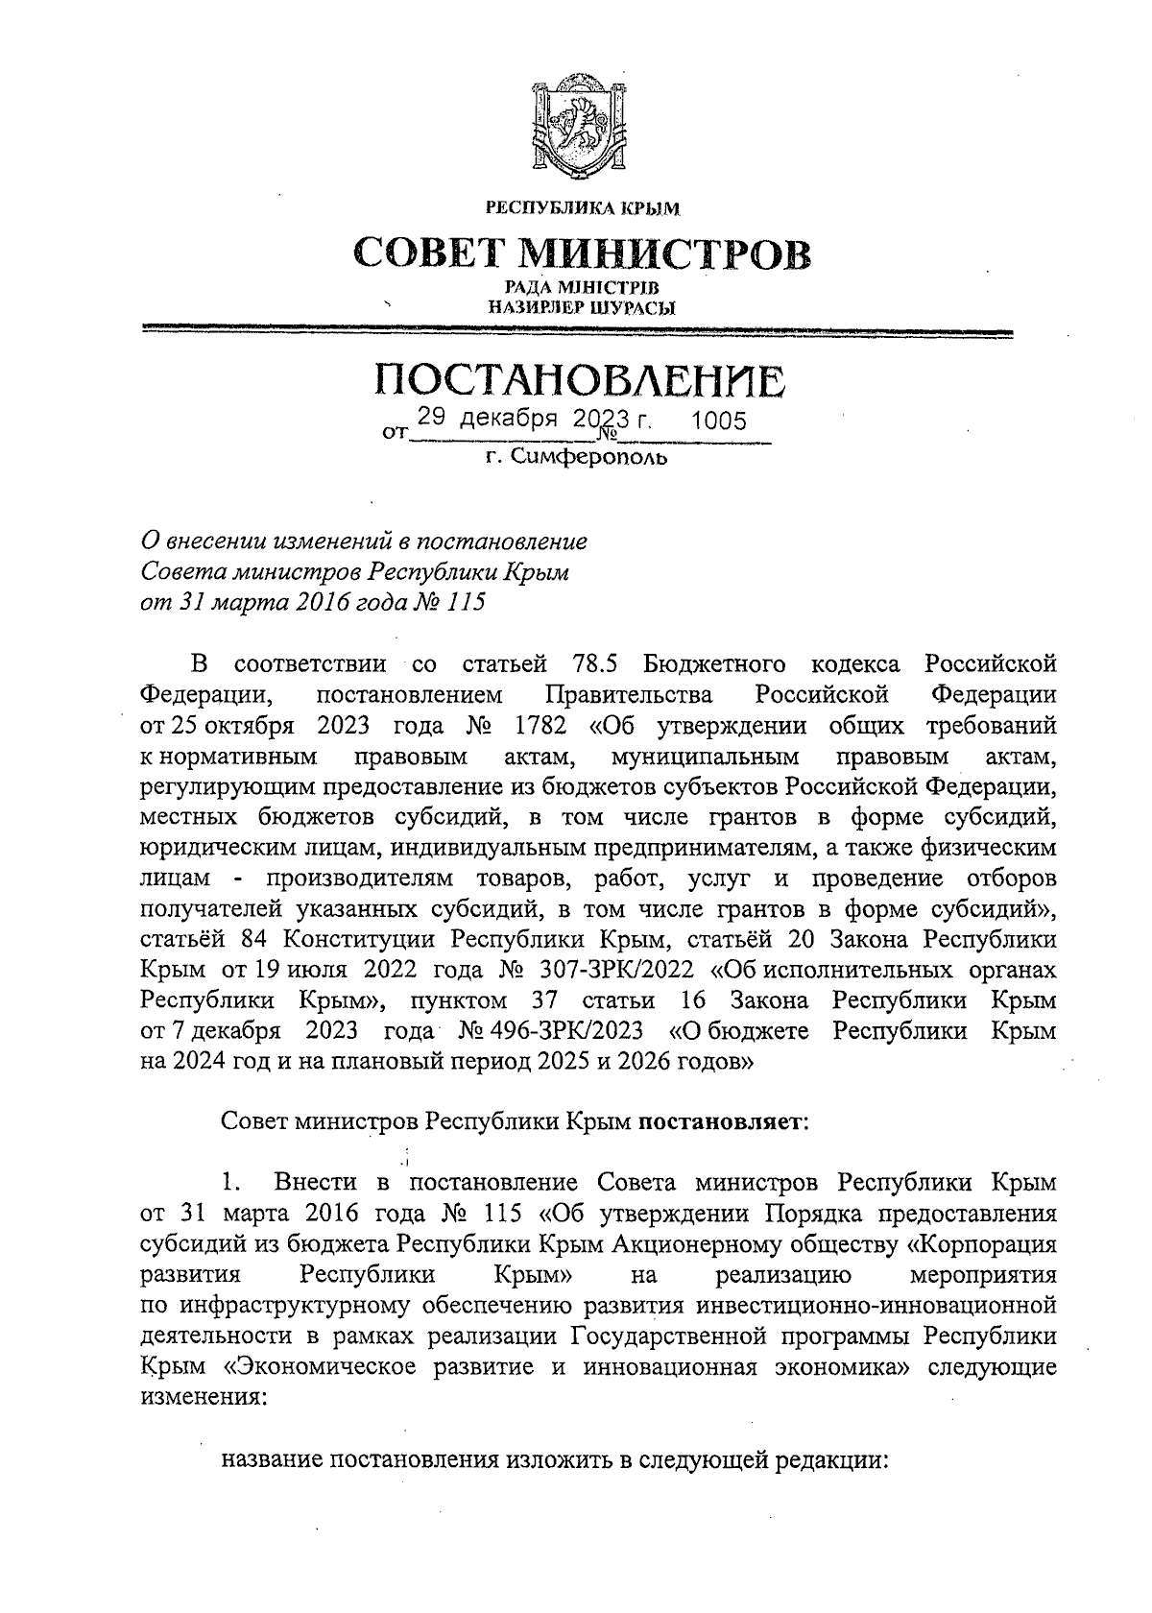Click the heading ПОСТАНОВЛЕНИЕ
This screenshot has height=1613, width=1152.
[579, 381]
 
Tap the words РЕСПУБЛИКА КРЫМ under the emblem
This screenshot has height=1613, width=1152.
[583, 206]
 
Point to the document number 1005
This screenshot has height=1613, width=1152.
[718, 422]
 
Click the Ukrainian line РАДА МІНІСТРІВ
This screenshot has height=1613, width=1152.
[582, 288]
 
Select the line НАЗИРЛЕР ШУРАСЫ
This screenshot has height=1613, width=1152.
[582, 308]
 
